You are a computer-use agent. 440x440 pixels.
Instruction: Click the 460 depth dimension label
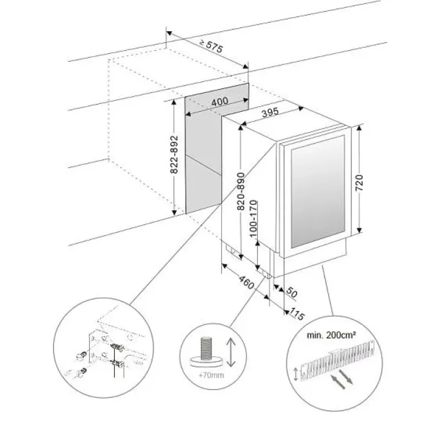pyautogui.click(x=246, y=285)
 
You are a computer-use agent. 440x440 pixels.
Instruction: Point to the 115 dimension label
pyautogui.click(x=297, y=315)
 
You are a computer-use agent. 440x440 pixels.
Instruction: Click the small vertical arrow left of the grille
pyautogui.click(x=298, y=372)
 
